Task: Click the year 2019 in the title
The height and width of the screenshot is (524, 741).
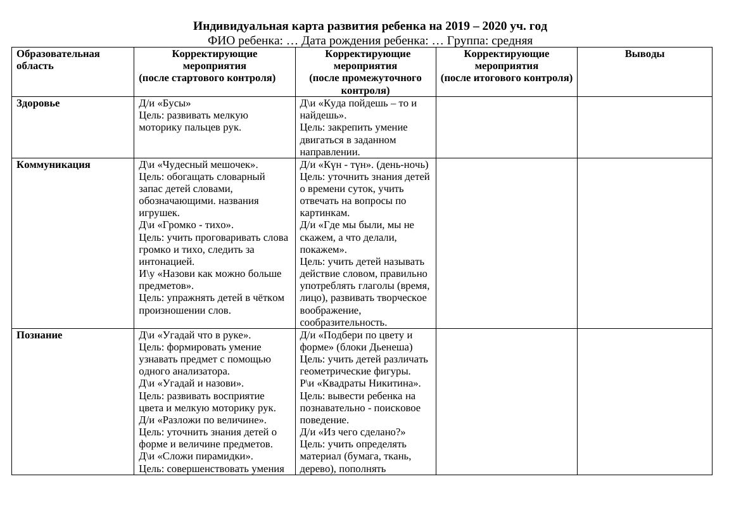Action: point(458,26)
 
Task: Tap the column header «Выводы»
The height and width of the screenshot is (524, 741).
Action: point(644,54)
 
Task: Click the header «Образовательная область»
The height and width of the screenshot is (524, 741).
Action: point(58,60)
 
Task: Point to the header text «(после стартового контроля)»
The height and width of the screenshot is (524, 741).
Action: point(207,78)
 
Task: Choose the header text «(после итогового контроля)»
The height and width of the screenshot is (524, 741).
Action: point(506,78)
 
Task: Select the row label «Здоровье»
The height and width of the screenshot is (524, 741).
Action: point(38,103)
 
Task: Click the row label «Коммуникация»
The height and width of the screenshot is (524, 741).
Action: point(53,165)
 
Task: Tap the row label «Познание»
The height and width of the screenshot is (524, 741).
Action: point(39,335)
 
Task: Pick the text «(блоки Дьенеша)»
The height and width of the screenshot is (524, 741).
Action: point(374,347)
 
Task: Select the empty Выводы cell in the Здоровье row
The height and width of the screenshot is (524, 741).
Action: point(644,127)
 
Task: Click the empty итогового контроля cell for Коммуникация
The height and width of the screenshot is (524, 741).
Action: point(506,243)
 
